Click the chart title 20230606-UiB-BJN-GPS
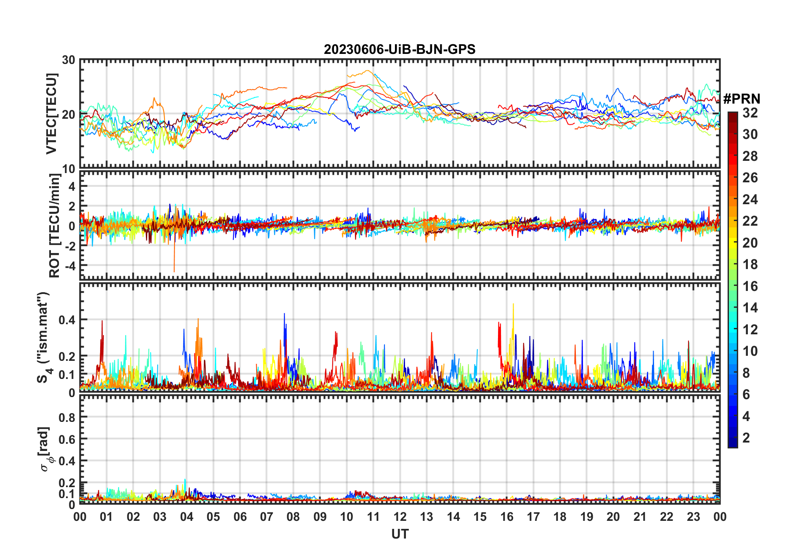click(399, 50)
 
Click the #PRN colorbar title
click(742, 99)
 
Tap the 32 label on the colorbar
click(750, 113)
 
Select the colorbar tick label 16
click(750, 286)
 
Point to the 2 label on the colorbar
click(746, 438)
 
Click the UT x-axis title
click(400, 534)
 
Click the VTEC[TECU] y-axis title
click(51, 114)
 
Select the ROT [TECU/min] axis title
click(55, 225)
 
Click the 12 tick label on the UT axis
click(400, 517)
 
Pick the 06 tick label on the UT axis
click(240, 517)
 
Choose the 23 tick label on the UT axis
click(693, 517)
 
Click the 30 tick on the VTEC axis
click(69, 60)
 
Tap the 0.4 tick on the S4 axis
click(67, 320)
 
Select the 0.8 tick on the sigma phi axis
click(67, 417)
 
